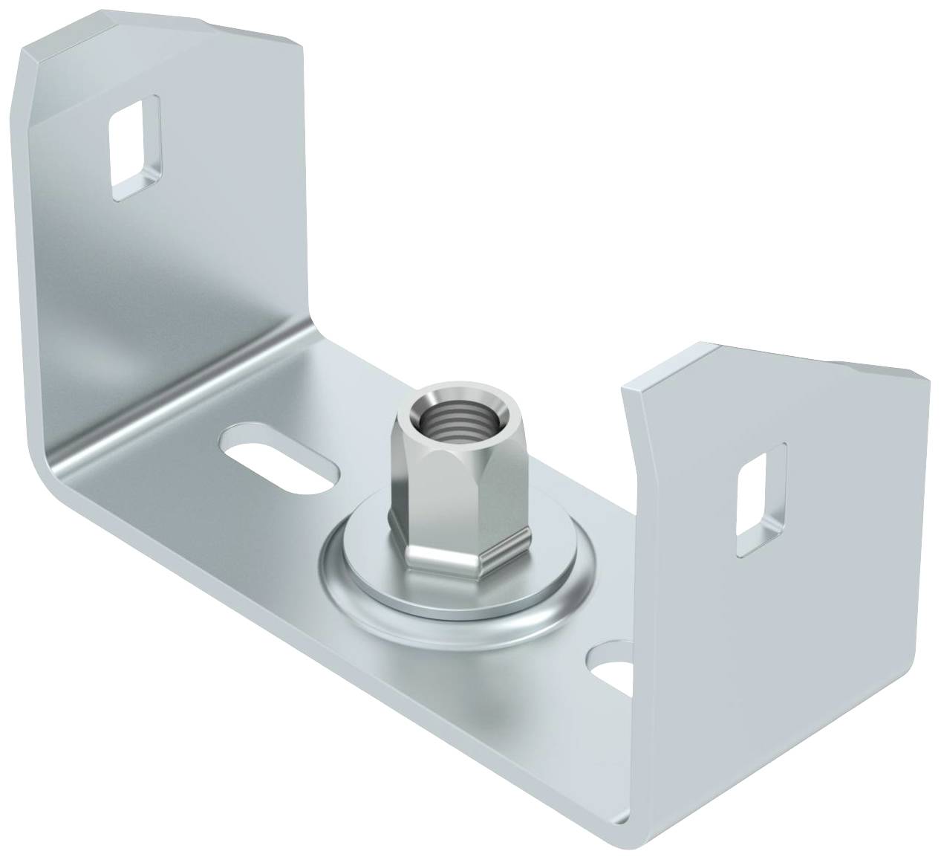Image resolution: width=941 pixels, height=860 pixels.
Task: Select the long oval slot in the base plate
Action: pos(276,466)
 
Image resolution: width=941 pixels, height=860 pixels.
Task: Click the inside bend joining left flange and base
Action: pos(178,387)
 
